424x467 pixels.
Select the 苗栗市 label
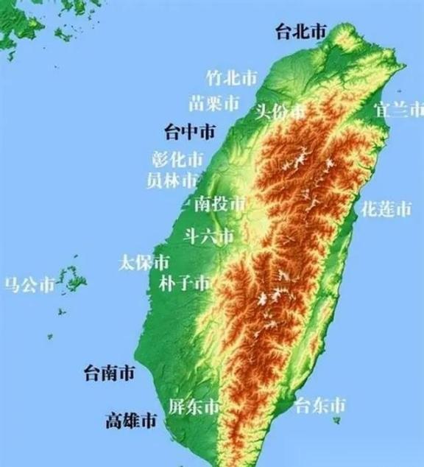(x=214, y=102)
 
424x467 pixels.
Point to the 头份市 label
(x=280, y=112)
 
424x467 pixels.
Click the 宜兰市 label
(x=399, y=110)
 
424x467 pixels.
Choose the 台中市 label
(x=190, y=133)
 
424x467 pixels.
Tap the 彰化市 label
(x=177, y=159)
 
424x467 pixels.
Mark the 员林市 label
(x=172, y=180)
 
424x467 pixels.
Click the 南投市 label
(x=219, y=205)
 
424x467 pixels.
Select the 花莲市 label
(x=386, y=209)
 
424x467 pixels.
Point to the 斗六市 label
(x=208, y=236)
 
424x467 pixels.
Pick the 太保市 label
(x=144, y=262)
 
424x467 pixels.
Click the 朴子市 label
(x=185, y=283)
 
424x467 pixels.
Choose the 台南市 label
(x=109, y=373)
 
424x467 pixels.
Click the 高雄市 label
(x=130, y=421)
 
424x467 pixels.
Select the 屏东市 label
(x=194, y=407)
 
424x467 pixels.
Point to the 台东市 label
(x=319, y=405)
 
